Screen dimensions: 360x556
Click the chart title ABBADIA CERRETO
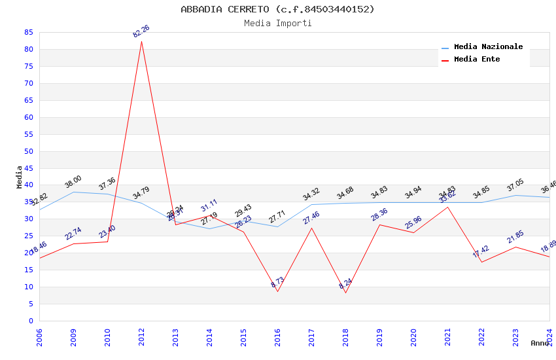pos(277,9)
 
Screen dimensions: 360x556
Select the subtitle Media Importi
pos(277,23)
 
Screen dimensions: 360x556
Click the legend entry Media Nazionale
pos(488,47)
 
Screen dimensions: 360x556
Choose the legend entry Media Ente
pos(477,60)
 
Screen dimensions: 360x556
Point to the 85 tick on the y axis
pos(28,32)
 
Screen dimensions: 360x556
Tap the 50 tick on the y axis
pos(28,151)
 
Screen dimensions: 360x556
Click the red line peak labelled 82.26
pos(141,41)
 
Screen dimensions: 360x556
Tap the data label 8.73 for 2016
pos(277,282)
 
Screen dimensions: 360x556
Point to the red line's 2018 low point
pos(345,293)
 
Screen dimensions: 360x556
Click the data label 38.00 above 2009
pos(73,181)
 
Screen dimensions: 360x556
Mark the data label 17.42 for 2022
pos(481,252)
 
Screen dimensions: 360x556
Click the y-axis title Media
pos(20,177)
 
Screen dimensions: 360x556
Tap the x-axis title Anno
pos(540,343)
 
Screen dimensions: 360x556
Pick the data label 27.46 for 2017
pos(311,218)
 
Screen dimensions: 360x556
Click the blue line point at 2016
pos(277,226)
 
